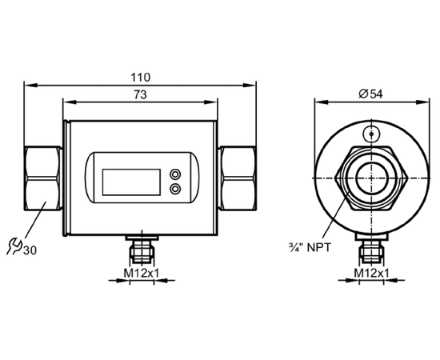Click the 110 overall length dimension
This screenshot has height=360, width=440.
[141, 77]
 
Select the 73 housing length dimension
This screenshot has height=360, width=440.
[140, 95]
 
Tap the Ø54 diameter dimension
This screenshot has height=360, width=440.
[370, 94]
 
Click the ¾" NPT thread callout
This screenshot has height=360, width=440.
[310, 247]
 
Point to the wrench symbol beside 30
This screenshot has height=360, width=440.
[14, 246]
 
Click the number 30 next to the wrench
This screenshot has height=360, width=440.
[30, 250]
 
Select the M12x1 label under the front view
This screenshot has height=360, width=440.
[142, 273]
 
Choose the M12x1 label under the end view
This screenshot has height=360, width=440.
[371, 273]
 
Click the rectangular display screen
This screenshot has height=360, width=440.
[131, 182]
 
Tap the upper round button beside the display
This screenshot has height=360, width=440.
[175, 174]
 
